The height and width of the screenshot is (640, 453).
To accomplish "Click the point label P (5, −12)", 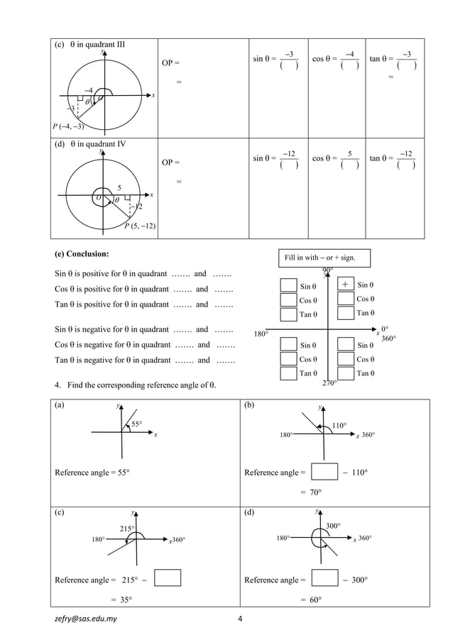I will coord(141,226).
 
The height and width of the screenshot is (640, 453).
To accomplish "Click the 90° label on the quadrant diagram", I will coord(327,270).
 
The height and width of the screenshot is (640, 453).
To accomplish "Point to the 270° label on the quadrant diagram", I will coord(329,383).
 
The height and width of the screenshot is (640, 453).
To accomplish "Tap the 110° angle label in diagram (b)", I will coord(339,426).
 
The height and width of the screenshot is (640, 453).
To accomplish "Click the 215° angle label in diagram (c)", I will coord(126,529).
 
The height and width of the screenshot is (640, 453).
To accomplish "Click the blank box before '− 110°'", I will coord(324,472).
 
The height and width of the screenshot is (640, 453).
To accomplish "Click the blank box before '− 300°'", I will coord(324,578).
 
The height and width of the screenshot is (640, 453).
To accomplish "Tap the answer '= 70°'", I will coord(310,492).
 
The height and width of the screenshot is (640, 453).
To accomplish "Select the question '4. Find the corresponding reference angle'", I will coord(135,385).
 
